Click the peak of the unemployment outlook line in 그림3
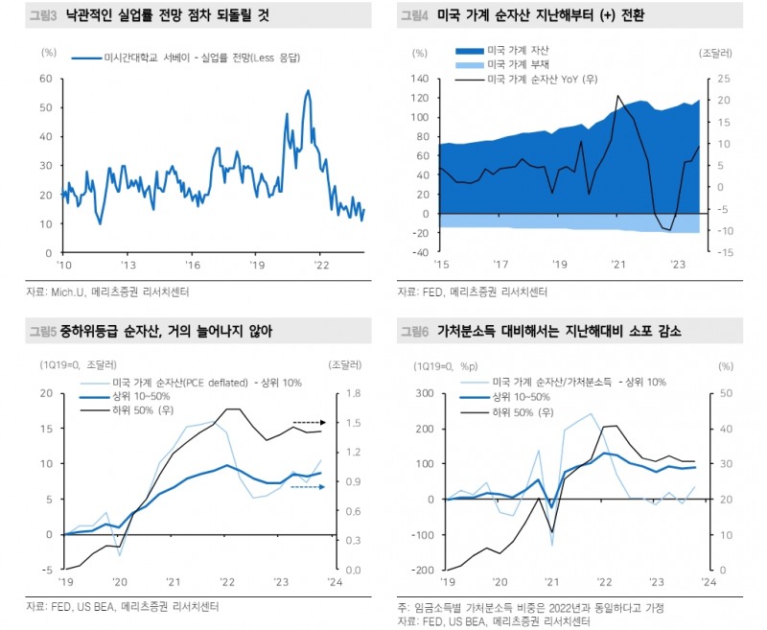[308, 91]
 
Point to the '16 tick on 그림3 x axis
[193, 265]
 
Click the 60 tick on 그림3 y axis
[45, 79]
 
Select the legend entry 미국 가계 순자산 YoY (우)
[543, 79]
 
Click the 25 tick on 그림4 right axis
[725, 79]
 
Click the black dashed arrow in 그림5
[311, 422]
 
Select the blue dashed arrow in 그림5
[308, 487]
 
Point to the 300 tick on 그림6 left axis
[421, 393]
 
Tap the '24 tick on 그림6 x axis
[707, 582]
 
